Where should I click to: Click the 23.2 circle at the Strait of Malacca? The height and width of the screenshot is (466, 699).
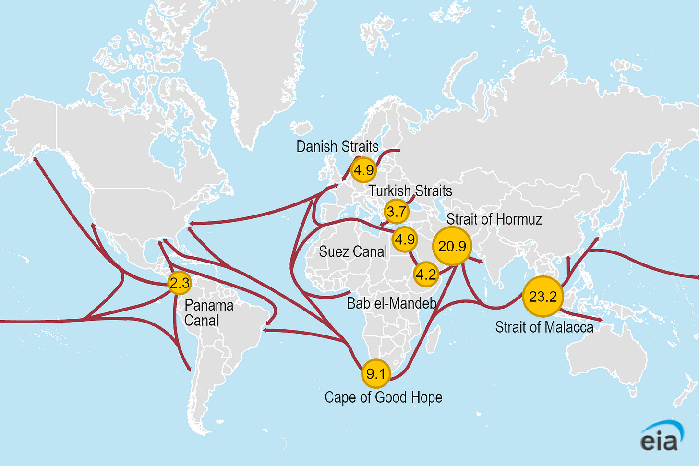(x=542, y=296)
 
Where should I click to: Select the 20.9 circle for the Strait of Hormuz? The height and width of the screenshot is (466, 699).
(x=452, y=246)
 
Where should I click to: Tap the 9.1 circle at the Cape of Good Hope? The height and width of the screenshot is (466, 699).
(x=375, y=373)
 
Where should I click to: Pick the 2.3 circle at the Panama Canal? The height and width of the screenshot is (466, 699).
(x=180, y=283)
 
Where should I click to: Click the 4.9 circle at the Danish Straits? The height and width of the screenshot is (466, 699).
(x=363, y=169)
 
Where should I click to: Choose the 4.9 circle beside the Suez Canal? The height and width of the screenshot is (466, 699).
(x=404, y=239)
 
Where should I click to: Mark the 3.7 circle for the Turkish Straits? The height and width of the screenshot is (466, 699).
(x=396, y=211)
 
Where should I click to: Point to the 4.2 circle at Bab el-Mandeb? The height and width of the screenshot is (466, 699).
(x=426, y=275)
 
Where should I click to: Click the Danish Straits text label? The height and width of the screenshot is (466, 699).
(x=337, y=146)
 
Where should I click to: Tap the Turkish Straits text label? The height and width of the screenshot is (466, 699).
(x=410, y=191)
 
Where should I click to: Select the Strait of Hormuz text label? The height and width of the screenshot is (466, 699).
(x=494, y=219)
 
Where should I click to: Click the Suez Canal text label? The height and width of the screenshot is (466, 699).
(x=353, y=251)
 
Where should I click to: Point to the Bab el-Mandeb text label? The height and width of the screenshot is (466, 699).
(x=391, y=303)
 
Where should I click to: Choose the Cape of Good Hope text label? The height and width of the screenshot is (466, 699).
(x=383, y=397)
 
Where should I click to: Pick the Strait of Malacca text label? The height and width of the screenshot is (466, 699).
(x=544, y=327)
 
